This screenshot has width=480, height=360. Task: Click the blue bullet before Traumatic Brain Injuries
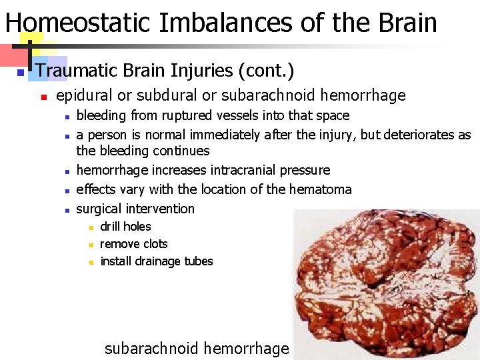21,71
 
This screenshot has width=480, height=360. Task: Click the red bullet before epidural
43,97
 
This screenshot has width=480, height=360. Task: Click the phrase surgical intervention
135,209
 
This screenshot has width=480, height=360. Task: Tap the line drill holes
125,227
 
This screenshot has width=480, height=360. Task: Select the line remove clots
133,244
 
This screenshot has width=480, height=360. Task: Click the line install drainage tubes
156,261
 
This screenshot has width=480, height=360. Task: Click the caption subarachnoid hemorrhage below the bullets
197,348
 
